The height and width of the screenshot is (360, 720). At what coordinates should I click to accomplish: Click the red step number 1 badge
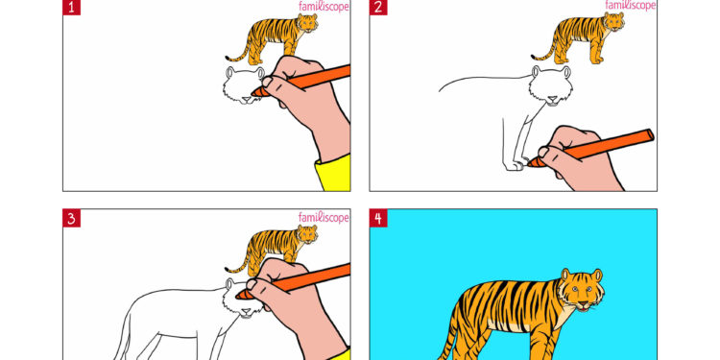coord(71,8)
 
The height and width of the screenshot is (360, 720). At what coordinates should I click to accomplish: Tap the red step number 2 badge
coord(378,8)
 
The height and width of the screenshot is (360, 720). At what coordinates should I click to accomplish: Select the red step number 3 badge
coord(71,218)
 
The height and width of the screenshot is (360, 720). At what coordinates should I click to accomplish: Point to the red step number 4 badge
coord(378,218)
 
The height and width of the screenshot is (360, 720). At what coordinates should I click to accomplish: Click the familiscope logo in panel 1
coord(324,6)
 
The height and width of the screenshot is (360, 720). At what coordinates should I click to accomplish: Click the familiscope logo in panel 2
coord(631,6)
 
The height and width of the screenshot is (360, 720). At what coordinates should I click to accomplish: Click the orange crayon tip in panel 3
coord(246,306)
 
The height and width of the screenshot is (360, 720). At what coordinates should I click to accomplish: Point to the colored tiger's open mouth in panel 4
coord(582,307)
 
